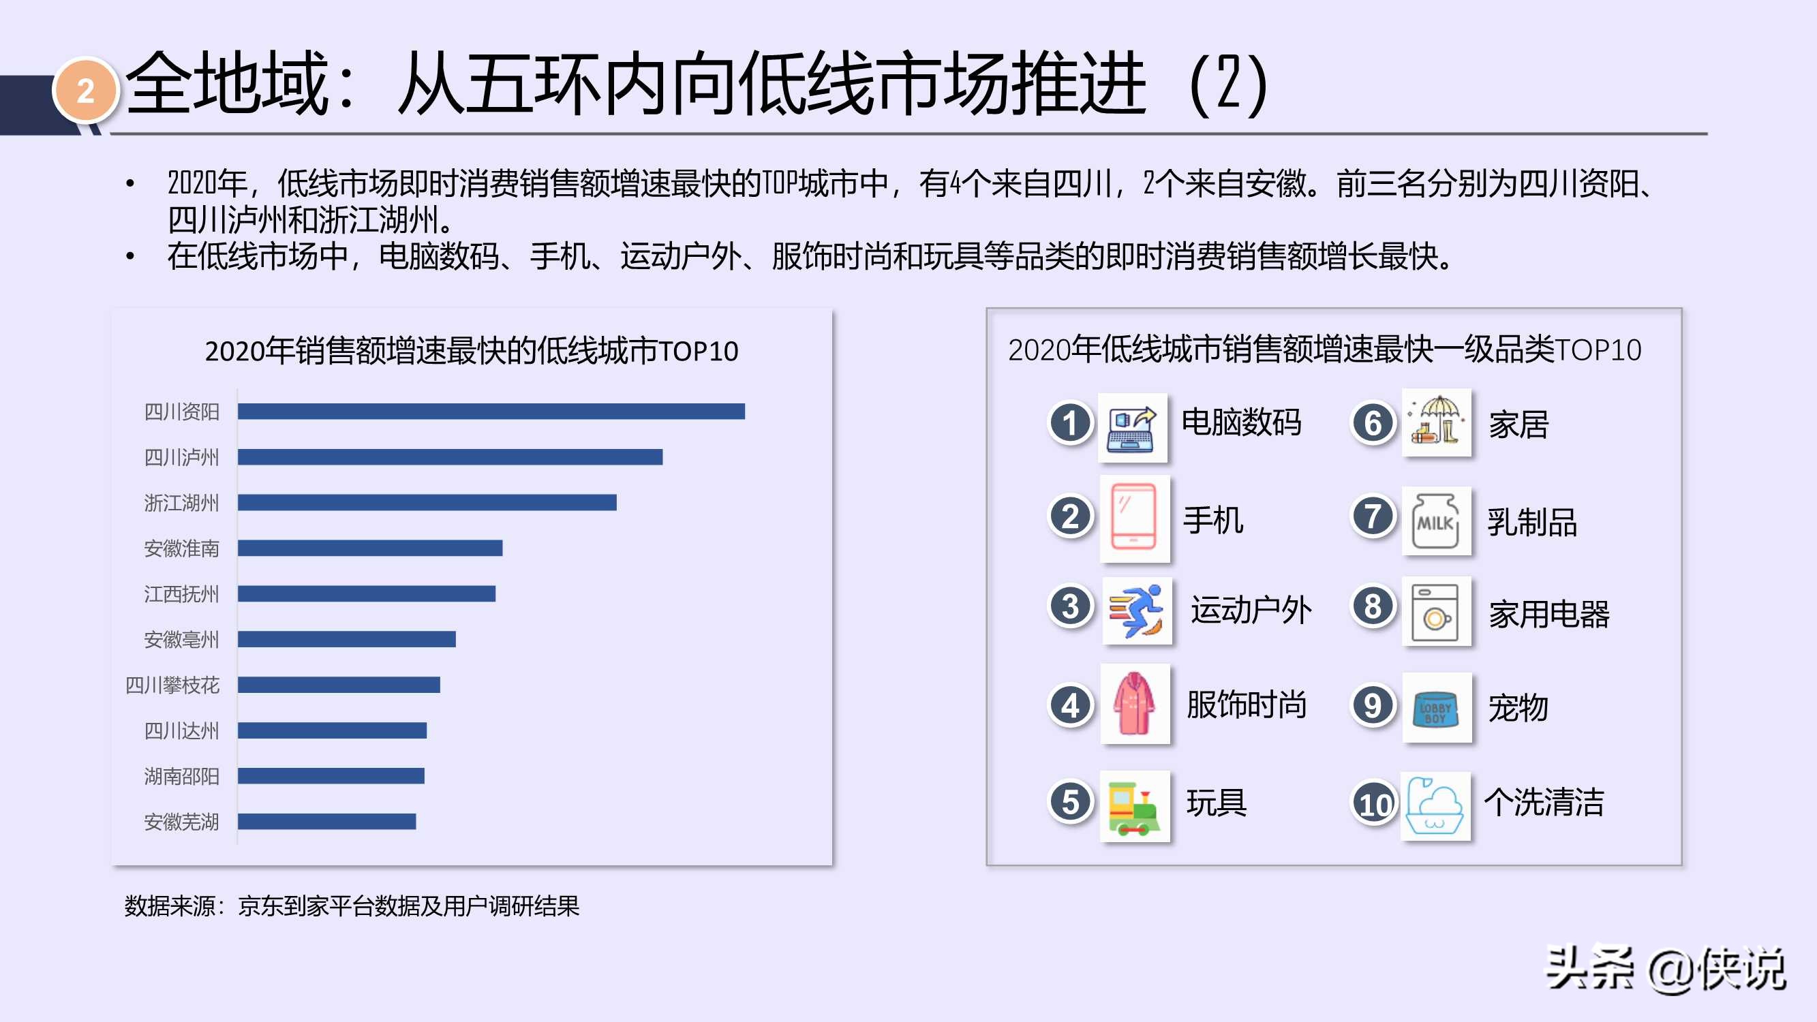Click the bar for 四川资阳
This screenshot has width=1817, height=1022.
[491, 412]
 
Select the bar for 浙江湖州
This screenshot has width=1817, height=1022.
[427, 502]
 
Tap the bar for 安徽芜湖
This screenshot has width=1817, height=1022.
[326, 821]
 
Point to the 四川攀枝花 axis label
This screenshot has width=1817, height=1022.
[172, 685]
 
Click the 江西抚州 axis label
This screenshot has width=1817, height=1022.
[181, 594]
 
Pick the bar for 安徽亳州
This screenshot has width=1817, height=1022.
[346, 639]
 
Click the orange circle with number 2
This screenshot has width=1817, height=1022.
[85, 91]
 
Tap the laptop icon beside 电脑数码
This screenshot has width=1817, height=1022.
[1132, 427]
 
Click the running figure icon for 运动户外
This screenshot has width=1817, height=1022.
[1136, 610]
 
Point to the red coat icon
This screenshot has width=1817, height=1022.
[1133, 703]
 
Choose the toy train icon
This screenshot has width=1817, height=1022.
[1133, 806]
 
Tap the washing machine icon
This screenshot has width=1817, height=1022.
[1435, 610]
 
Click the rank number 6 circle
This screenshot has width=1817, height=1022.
[1373, 423]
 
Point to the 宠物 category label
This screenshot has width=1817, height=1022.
[1518, 707]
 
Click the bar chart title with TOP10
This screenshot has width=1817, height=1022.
[471, 350]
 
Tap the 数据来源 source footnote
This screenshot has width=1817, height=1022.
[351, 905]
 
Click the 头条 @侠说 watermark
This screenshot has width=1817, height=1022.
[1664, 969]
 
